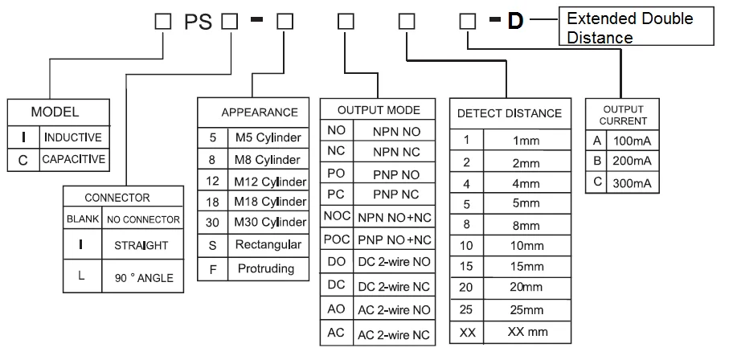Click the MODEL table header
55,112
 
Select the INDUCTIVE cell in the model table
72,137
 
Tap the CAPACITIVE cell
72,159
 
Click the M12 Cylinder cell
268,181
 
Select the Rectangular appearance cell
268,244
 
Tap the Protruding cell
268,268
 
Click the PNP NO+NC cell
395,239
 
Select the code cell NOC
336,217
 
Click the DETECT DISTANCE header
510,113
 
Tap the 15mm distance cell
526,265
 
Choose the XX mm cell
526,331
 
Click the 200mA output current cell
633,161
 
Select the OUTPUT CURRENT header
623,115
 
